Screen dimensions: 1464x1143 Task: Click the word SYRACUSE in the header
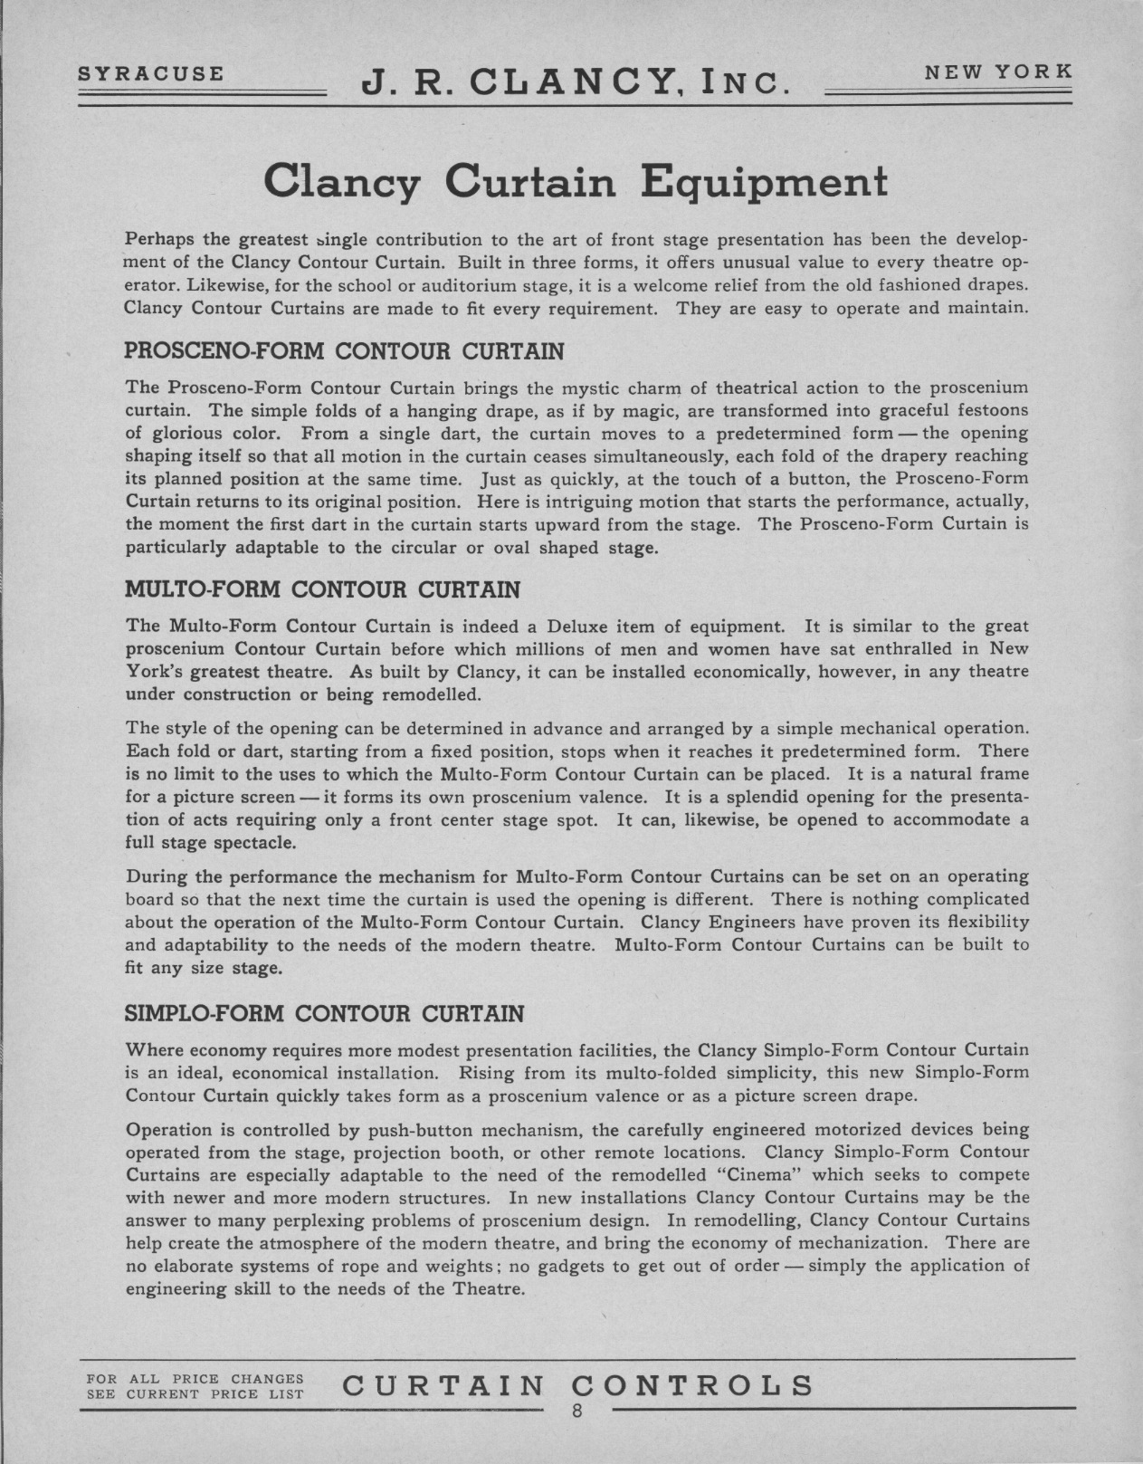click(x=150, y=73)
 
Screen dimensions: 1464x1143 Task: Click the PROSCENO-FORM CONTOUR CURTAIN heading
click(x=343, y=351)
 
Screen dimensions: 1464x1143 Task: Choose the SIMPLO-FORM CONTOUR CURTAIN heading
click(x=323, y=1013)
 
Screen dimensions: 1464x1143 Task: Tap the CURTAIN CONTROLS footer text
click(x=579, y=1385)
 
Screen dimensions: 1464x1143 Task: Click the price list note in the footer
click(x=195, y=1386)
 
